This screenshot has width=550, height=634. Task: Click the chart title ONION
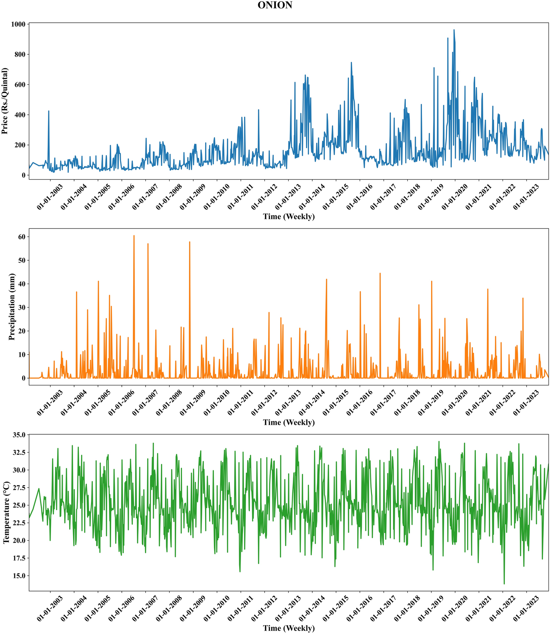[275, 5]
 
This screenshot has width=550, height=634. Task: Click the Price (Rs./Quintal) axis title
[5, 101]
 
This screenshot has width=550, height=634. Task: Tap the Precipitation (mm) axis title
[12, 307]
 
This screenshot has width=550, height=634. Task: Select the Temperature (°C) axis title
[6, 512]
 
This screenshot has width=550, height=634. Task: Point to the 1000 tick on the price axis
[18, 24]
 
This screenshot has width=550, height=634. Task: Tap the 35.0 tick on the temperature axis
[19, 435]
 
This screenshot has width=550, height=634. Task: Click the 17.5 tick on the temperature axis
[19, 558]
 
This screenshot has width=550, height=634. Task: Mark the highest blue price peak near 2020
[454, 30]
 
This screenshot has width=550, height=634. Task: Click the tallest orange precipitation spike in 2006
[134, 236]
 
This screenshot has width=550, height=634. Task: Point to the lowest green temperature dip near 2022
[504, 584]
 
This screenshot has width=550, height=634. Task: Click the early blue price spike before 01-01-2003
[48, 111]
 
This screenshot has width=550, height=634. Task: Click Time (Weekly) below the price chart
[289, 217]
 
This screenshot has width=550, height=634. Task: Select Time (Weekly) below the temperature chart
[289, 628]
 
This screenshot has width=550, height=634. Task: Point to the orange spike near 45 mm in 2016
[380, 273]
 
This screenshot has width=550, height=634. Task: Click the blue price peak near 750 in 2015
[351, 62]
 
